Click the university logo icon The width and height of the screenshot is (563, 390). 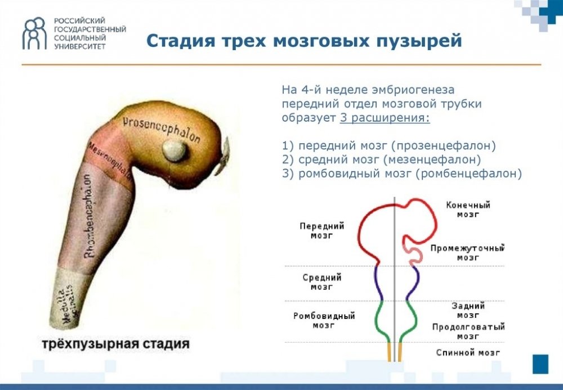[34, 33]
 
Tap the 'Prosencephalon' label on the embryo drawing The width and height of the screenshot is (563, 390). [162, 127]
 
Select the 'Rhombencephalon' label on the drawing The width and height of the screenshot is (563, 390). [89, 216]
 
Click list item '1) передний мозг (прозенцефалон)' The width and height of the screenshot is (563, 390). [388, 145]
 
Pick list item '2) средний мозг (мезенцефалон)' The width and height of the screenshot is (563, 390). [381, 159]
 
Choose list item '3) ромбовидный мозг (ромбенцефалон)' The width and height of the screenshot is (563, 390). [402, 174]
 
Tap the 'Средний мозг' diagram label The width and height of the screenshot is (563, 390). [322, 282]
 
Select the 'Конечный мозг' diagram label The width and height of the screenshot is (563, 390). [468, 210]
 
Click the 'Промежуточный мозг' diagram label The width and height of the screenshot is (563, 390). [467, 252]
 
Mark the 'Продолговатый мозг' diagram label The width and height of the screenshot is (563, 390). [468, 331]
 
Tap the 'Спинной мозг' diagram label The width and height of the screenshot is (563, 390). [468, 353]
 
